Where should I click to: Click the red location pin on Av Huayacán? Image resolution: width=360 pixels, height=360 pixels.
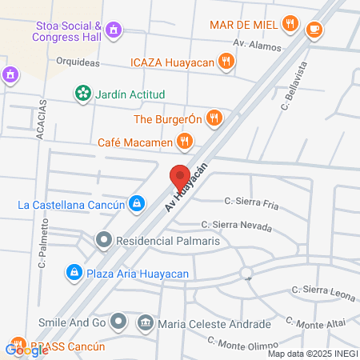point(180,175)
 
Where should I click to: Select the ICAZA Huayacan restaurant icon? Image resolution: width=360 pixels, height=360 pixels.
point(227,59)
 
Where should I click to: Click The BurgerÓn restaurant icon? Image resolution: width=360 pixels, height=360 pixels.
point(213,119)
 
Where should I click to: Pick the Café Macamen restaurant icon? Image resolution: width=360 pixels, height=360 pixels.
point(185,142)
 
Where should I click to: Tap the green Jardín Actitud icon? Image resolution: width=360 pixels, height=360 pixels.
point(82,94)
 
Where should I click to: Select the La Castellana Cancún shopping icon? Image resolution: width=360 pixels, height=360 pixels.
point(138,204)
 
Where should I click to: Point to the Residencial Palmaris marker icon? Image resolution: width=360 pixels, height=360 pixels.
point(103,239)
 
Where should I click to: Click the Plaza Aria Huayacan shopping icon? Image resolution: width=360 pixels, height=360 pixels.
point(74,273)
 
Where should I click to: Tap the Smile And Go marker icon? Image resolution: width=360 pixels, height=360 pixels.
point(118,322)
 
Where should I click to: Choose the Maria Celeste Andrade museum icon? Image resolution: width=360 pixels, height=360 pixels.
point(146,323)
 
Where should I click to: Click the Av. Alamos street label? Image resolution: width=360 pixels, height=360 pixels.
point(257,45)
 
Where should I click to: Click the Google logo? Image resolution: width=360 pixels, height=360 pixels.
point(26,349)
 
